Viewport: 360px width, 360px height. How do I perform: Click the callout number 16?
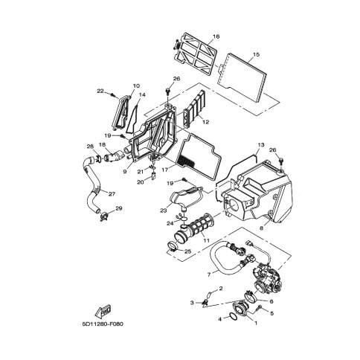tap(216, 36)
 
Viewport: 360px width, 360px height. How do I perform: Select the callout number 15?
tap(256, 54)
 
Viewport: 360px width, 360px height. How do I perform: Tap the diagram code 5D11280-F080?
tap(103, 324)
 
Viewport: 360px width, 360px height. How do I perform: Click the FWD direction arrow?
tap(103, 311)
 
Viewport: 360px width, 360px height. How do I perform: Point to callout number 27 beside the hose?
tap(112, 194)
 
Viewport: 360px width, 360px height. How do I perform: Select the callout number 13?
tap(261, 144)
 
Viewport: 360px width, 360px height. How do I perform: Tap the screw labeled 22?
tap(113, 94)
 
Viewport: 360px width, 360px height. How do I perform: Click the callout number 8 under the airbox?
tap(261, 228)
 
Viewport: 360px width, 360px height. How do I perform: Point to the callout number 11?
tap(206, 240)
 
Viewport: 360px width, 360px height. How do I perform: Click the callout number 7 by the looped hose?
tap(209, 274)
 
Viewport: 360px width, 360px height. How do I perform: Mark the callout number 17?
tap(165, 170)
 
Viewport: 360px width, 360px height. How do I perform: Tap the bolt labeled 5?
tap(260, 307)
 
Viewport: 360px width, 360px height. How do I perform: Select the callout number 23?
tap(164, 211)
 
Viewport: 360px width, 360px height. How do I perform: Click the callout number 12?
tap(205, 122)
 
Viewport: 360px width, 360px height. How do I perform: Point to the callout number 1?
tap(256, 323)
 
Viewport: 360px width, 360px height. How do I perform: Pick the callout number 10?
tap(136, 86)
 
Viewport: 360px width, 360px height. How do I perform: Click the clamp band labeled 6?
tap(250, 296)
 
